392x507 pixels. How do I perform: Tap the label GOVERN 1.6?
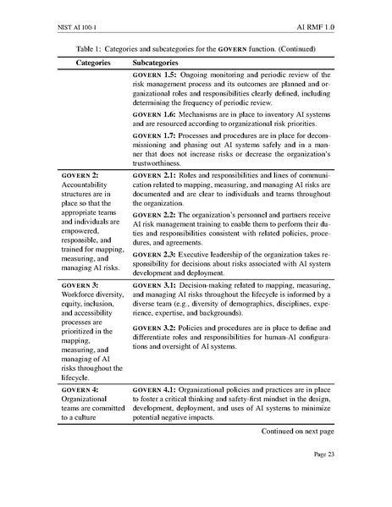[x=157, y=113]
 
